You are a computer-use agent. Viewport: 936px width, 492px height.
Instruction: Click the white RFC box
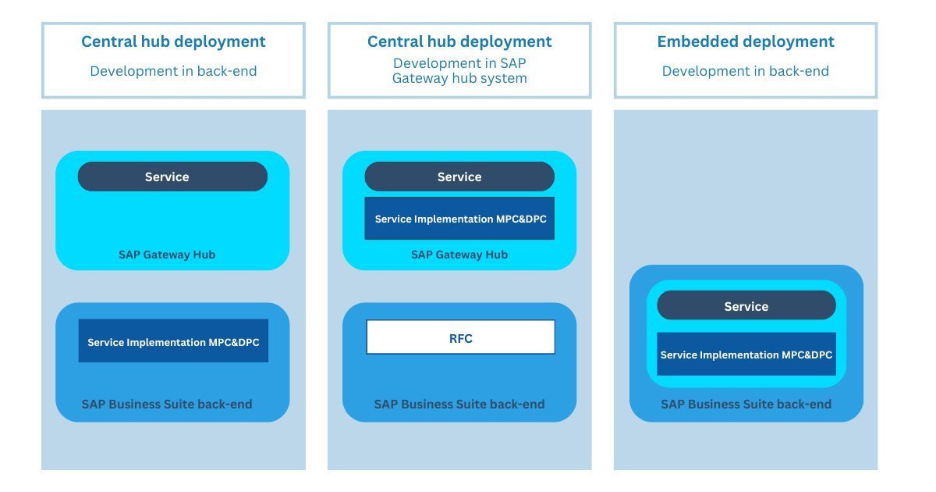pyautogui.click(x=460, y=337)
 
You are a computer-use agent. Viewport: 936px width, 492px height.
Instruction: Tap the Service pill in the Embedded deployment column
pyautogui.click(x=746, y=305)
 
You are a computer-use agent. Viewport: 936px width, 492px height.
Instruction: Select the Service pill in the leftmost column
pyautogui.click(x=172, y=176)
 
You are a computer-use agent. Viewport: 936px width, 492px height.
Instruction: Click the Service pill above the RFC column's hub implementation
pyautogui.click(x=459, y=176)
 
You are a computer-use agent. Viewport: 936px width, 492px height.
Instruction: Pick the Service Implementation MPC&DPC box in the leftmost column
pyautogui.click(x=173, y=340)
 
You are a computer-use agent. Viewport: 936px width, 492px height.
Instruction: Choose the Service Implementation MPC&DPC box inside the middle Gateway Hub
pyautogui.click(x=459, y=219)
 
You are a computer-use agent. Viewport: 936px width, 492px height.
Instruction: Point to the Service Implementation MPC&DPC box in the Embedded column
pyautogui.click(x=746, y=354)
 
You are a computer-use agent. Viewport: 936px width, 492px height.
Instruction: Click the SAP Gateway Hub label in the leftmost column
pyautogui.click(x=167, y=255)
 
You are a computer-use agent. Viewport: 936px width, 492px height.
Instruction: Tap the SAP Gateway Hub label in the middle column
pyautogui.click(x=459, y=255)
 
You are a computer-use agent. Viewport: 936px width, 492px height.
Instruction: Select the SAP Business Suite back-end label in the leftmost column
pyautogui.click(x=167, y=405)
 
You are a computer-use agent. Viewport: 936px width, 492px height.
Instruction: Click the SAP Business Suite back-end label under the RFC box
pyautogui.click(x=459, y=405)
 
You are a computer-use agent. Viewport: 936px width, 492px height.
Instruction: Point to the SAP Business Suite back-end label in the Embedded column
pyautogui.click(x=746, y=405)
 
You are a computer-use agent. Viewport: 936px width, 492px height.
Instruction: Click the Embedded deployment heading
pyautogui.click(x=746, y=42)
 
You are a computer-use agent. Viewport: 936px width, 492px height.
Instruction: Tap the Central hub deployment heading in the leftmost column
pyautogui.click(x=173, y=42)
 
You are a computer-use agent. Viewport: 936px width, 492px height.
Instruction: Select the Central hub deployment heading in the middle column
pyautogui.click(x=459, y=42)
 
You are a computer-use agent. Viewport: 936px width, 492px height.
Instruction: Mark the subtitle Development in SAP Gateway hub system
pyautogui.click(x=459, y=71)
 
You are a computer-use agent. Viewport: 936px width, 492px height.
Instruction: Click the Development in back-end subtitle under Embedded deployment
pyautogui.click(x=746, y=71)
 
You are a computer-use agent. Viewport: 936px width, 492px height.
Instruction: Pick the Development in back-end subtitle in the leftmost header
pyautogui.click(x=173, y=71)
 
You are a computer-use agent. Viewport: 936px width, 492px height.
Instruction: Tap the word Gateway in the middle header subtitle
pyautogui.click(x=419, y=79)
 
